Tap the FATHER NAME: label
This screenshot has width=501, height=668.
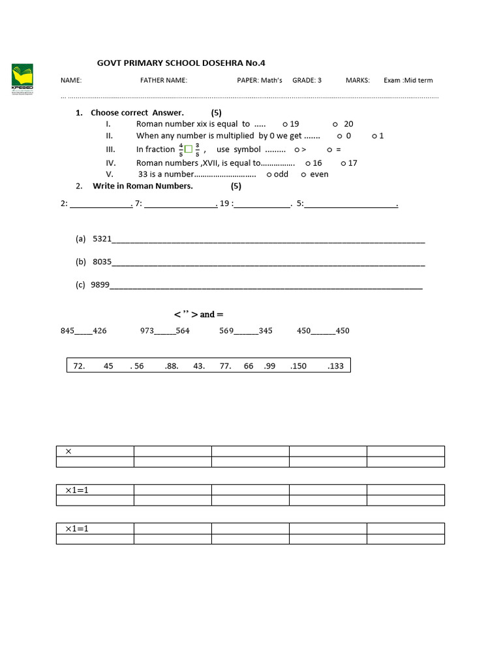coord(164,80)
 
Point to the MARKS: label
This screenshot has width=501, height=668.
coord(357,80)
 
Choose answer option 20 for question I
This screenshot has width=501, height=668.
coord(348,124)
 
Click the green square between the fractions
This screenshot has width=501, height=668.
coord(189,149)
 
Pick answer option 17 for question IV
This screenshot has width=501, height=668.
coord(352,163)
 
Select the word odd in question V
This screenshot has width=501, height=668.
coord(281,174)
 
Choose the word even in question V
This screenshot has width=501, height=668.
coord(319,174)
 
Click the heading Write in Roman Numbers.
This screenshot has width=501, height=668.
coord(143,186)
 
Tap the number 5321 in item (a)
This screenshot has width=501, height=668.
coord(102,239)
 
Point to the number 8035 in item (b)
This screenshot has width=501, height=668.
coord(102,262)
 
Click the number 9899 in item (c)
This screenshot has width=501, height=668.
coord(100,285)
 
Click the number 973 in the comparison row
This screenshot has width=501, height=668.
coord(147,331)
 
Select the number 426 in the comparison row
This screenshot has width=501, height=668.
coord(99,331)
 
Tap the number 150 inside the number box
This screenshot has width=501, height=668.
coord(299,367)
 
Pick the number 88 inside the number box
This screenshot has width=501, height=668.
coord(172,367)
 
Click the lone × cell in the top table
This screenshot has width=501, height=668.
coord(68,451)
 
